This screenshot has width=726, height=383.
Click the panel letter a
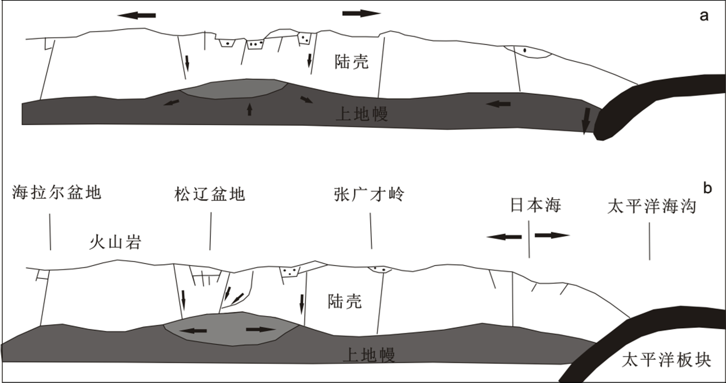click(704, 16)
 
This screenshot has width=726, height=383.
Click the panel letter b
click(707, 188)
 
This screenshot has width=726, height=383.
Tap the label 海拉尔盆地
click(57, 192)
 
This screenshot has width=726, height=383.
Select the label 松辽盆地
click(209, 194)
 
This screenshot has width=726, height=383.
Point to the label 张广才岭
click(369, 194)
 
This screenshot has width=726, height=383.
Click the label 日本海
click(535, 205)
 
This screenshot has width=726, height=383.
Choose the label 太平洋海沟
click(651, 206)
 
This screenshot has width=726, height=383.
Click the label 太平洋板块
click(666, 360)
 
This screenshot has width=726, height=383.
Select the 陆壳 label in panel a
click(351, 62)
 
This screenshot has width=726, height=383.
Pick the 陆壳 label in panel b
click(344, 301)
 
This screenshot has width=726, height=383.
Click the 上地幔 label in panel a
click(362, 114)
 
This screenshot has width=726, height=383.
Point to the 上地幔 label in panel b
click(368, 355)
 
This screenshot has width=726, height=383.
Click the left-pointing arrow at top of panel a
click(137, 16)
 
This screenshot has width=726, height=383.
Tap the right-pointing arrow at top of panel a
click(361, 14)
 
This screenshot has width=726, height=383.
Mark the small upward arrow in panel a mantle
click(250, 109)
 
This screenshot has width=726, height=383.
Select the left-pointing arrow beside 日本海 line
click(504, 236)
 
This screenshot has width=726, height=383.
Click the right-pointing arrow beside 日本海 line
click(552, 235)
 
